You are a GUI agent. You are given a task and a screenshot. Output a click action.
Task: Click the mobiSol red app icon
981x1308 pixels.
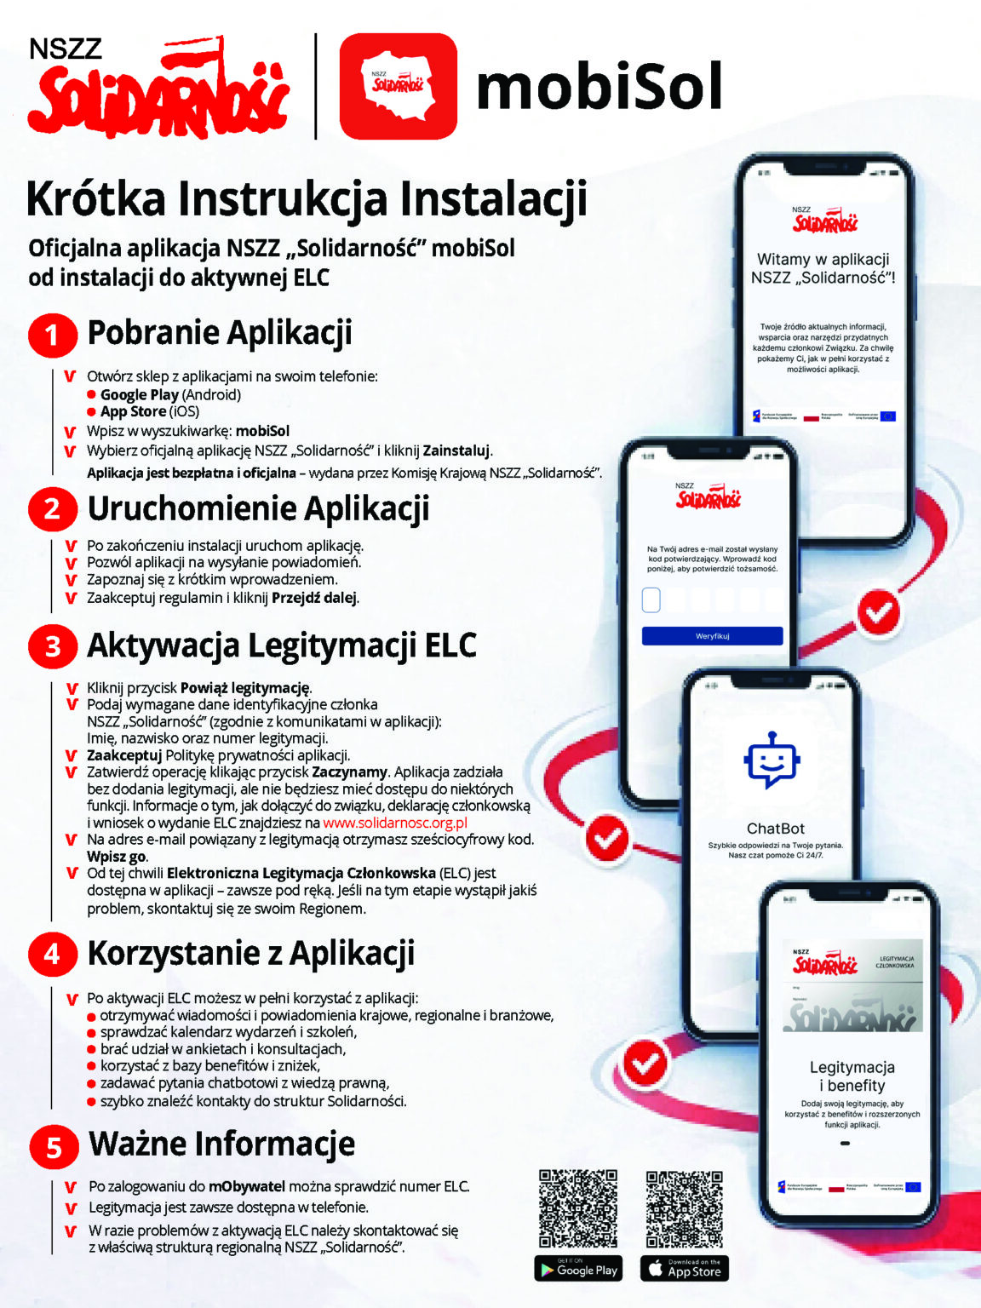398,86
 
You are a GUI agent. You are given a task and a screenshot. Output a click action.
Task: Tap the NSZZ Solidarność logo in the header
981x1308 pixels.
158,88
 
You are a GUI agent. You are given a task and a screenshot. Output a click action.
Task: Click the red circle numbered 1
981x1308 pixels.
52,335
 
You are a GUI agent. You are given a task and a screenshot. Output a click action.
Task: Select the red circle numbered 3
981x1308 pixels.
52,646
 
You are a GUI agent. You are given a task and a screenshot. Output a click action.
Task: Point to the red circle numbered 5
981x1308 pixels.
53,1146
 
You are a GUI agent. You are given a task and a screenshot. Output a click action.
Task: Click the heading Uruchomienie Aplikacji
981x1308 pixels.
258,508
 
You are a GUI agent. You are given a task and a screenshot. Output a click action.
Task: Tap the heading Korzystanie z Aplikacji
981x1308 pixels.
250,953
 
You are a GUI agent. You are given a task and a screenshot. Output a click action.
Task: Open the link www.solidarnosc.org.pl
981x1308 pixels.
395,823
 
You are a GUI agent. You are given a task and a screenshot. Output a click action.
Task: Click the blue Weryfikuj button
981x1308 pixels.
712,636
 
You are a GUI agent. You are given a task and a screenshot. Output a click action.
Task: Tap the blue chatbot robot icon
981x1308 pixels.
772,759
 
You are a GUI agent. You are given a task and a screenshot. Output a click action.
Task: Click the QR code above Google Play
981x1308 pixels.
578,1208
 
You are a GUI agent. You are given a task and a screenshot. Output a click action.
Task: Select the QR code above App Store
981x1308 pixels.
684,1208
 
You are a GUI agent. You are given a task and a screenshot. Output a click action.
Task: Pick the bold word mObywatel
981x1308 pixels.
247,1186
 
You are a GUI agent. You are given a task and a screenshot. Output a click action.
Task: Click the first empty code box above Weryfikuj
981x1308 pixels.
651,600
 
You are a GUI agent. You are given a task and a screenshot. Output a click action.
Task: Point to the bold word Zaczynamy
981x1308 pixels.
349,772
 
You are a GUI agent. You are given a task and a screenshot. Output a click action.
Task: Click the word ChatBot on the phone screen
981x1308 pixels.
775,829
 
